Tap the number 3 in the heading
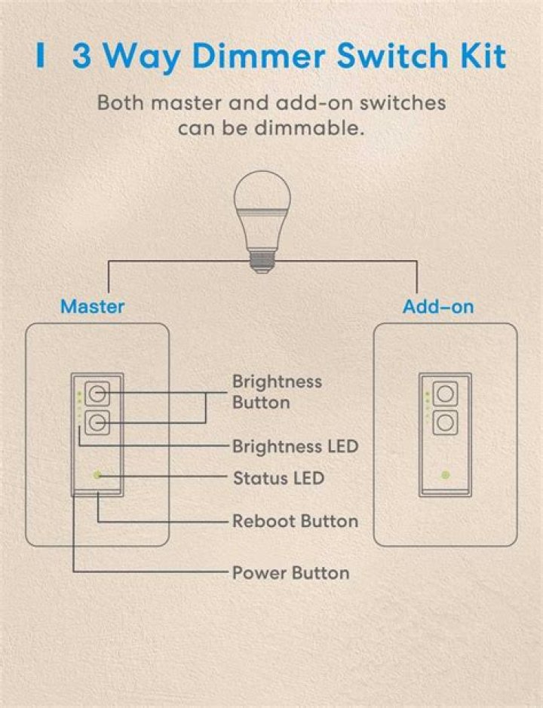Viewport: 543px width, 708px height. pyautogui.click(x=81, y=56)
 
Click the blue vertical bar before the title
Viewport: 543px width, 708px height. pyautogui.click(x=41, y=56)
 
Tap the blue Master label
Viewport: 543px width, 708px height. pyautogui.click(x=93, y=307)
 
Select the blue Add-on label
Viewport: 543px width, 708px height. pyautogui.click(x=438, y=307)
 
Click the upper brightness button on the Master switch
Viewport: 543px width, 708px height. pyautogui.click(x=97, y=394)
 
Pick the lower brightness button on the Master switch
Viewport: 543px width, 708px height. pyautogui.click(x=97, y=423)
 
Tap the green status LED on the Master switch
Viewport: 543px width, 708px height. pyautogui.click(x=97, y=475)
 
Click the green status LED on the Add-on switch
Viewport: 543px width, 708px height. pyautogui.click(x=446, y=475)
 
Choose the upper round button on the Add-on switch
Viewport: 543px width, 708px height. pyautogui.click(x=446, y=394)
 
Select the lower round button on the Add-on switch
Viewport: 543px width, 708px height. pyautogui.click(x=446, y=423)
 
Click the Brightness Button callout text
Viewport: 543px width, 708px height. pyautogui.click(x=277, y=392)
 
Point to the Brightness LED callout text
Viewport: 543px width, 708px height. pyautogui.click(x=295, y=446)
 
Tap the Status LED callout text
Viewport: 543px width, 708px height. pyautogui.click(x=279, y=478)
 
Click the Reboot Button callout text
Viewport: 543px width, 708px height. pyautogui.click(x=295, y=521)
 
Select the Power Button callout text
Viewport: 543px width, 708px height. pyautogui.click(x=290, y=573)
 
